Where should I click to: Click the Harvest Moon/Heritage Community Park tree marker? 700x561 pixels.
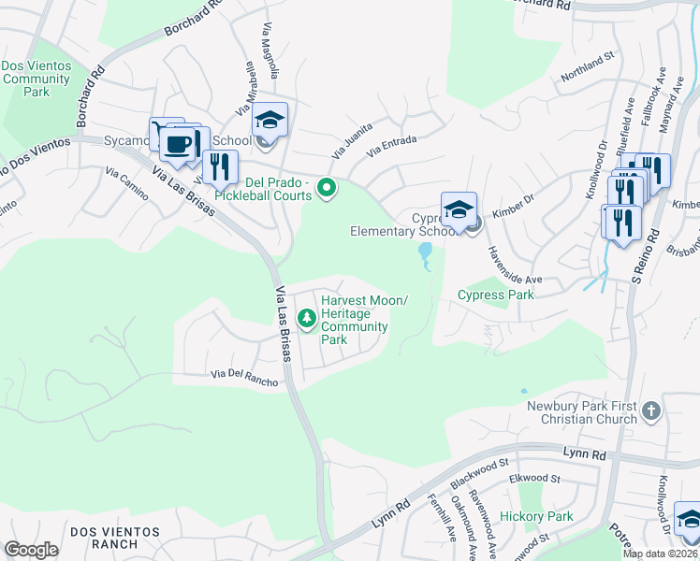pyautogui.click(x=306, y=320)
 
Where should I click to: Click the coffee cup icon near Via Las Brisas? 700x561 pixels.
pyautogui.click(x=178, y=145)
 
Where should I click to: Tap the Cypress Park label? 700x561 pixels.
pyautogui.click(x=495, y=295)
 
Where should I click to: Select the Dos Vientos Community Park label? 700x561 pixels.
pyautogui.click(x=36, y=79)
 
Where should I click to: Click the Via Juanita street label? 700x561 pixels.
pyautogui.click(x=353, y=139)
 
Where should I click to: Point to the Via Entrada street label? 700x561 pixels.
pyautogui.click(x=391, y=146)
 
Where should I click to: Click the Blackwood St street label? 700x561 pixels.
pyautogui.click(x=477, y=471)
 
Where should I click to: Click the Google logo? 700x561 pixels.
pyautogui.click(x=31, y=550)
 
